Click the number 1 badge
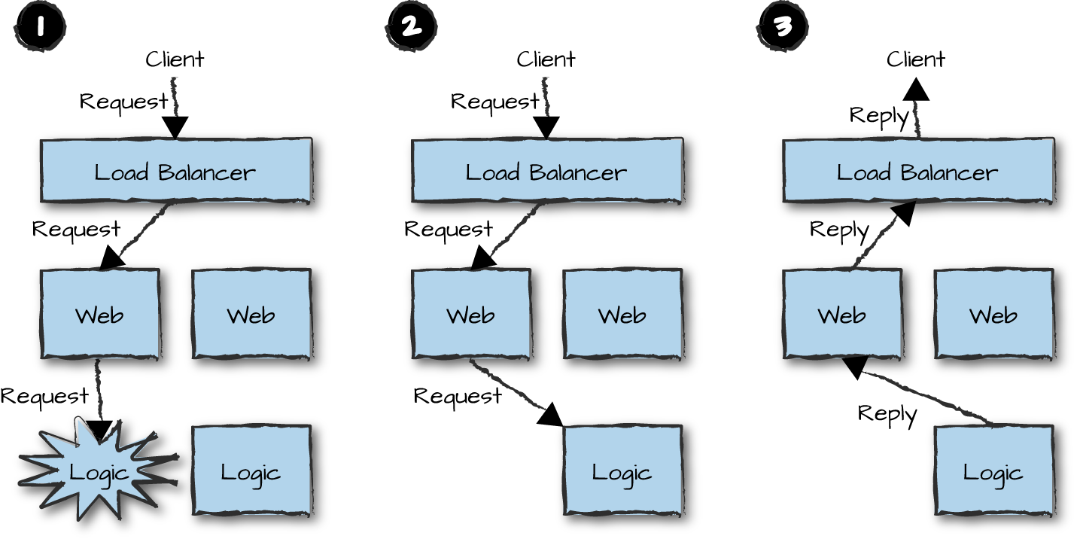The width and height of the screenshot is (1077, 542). pyautogui.click(x=39, y=28)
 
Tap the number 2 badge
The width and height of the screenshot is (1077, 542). pyautogui.click(x=411, y=28)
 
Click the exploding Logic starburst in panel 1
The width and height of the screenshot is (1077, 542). pyautogui.click(x=99, y=472)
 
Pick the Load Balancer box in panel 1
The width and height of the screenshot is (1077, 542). pyautogui.click(x=175, y=172)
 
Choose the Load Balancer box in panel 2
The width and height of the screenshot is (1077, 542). pyautogui.click(x=546, y=172)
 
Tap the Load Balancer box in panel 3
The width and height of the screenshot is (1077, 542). pyautogui.click(x=917, y=172)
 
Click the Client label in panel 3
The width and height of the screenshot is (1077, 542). pyautogui.click(x=916, y=59)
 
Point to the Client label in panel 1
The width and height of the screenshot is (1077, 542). pyautogui.click(x=175, y=59)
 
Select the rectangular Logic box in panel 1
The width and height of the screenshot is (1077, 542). pyautogui.click(x=251, y=473)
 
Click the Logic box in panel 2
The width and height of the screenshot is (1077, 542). pyautogui.click(x=622, y=473)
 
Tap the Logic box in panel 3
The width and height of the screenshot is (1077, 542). pyautogui.click(x=993, y=473)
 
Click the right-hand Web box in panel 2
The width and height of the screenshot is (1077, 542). pyautogui.click(x=622, y=314)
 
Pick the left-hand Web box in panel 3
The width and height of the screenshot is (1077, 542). pyautogui.click(x=841, y=314)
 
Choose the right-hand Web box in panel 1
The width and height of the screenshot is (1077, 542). pyautogui.click(x=251, y=314)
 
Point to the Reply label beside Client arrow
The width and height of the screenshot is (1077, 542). pyautogui.click(x=879, y=115)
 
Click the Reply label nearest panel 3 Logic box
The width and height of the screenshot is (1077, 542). pyautogui.click(x=887, y=413)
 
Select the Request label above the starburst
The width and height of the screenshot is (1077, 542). pyautogui.click(x=44, y=395)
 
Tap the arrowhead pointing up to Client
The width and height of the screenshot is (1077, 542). pyautogui.click(x=916, y=90)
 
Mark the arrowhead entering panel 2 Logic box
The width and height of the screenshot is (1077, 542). pyautogui.click(x=551, y=415)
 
